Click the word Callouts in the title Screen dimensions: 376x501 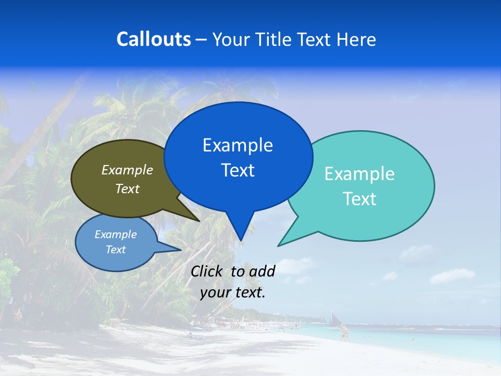tap(153, 39)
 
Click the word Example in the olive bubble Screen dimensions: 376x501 tap(127, 170)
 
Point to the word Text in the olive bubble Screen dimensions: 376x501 tap(127, 189)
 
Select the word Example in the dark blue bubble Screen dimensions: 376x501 tap(237, 145)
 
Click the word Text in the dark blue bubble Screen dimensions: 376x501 tap(237, 170)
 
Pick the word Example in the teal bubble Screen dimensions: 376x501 tap(360, 174)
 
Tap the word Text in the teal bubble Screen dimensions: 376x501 tap(360, 199)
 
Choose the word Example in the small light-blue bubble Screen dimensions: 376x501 tap(115, 234)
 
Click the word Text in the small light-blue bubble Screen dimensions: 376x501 tap(115, 250)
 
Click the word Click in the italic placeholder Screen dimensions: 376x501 tap(207, 271)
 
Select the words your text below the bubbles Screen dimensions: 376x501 tap(233, 292)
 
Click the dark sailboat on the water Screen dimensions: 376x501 tap(333, 319)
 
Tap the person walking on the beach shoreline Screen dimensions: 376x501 tap(343, 333)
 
